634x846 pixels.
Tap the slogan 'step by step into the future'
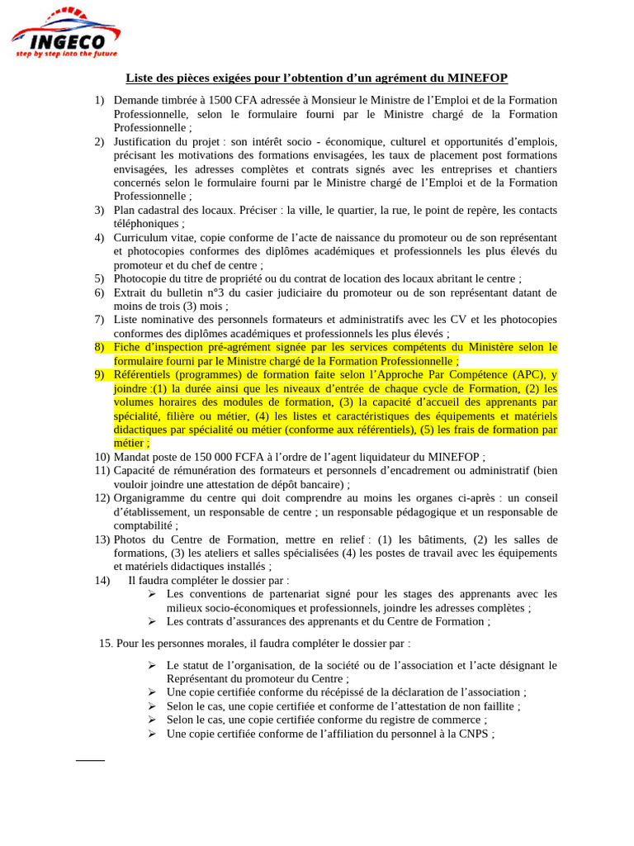(68, 53)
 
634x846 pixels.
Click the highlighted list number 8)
(100, 347)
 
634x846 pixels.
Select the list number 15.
(106, 643)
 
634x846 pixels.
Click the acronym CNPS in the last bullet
(474, 734)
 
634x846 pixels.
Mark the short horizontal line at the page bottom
(91, 759)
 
